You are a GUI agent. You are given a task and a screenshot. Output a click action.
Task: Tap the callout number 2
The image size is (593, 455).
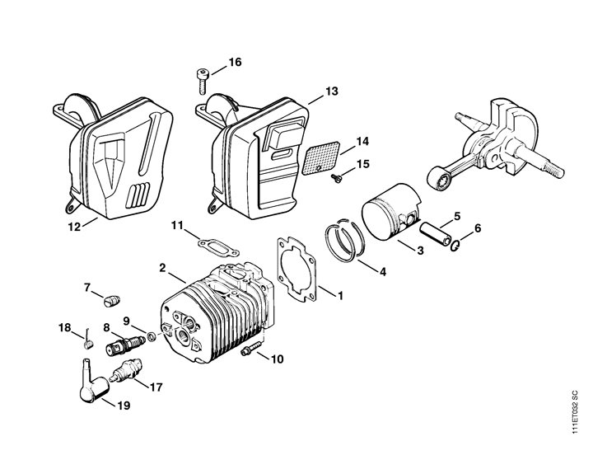click(164, 268)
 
